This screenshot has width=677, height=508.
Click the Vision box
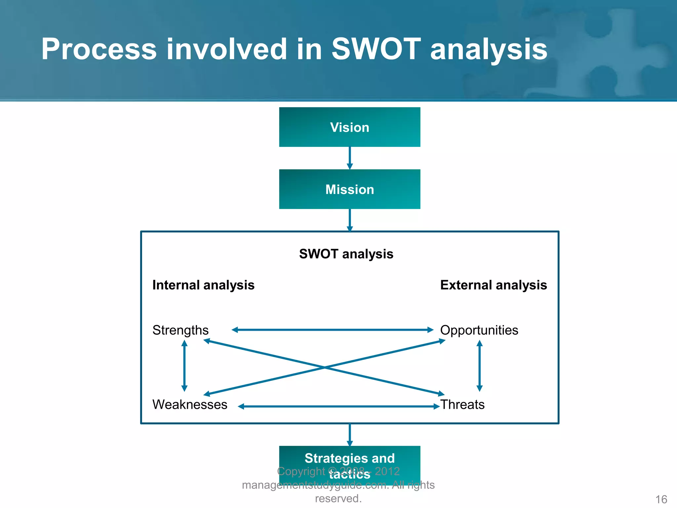(x=349, y=127)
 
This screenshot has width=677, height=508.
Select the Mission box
(x=349, y=189)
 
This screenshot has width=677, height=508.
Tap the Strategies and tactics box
(x=349, y=460)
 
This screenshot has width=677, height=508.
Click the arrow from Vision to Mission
(x=350, y=157)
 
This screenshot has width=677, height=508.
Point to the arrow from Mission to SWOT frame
(x=350, y=219)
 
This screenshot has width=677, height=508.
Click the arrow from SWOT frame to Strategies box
(x=350, y=434)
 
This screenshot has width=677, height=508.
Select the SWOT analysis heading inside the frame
(x=346, y=254)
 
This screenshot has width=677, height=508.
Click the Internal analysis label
(x=203, y=285)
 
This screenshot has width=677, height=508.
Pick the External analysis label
(x=493, y=285)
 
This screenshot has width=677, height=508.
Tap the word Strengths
(x=180, y=330)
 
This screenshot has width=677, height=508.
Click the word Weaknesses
(x=190, y=405)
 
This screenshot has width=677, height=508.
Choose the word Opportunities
(x=479, y=330)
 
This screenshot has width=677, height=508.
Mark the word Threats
(x=462, y=405)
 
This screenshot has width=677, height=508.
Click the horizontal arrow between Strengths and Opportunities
(x=332, y=330)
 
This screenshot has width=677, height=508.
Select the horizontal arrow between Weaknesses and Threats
(x=338, y=406)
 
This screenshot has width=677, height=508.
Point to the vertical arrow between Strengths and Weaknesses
(x=184, y=366)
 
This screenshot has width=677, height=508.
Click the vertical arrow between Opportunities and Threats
(x=480, y=366)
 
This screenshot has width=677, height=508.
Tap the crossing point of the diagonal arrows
(x=324, y=367)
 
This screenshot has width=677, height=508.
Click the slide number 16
(x=661, y=499)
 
